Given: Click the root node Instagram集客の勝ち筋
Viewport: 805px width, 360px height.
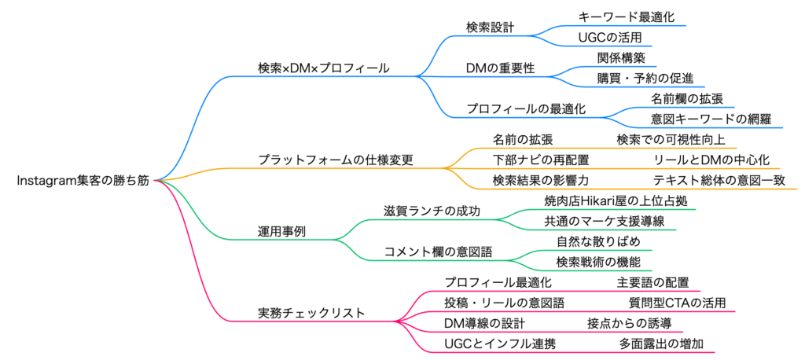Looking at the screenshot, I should tap(82, 180).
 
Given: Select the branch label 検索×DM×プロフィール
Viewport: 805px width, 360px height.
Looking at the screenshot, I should tap(323, 68).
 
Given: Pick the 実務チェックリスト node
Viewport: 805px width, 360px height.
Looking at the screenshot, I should tap(311, 312).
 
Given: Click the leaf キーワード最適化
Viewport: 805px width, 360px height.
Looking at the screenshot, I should tap(626, 17).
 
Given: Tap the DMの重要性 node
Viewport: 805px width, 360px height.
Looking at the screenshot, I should tap(501, 68).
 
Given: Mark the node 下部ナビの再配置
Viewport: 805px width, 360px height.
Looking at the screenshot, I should tap(541, 160).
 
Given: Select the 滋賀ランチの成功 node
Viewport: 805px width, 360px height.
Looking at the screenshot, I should tap(432, 211).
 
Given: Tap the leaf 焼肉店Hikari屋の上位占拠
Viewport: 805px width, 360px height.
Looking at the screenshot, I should tap(620, 201).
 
